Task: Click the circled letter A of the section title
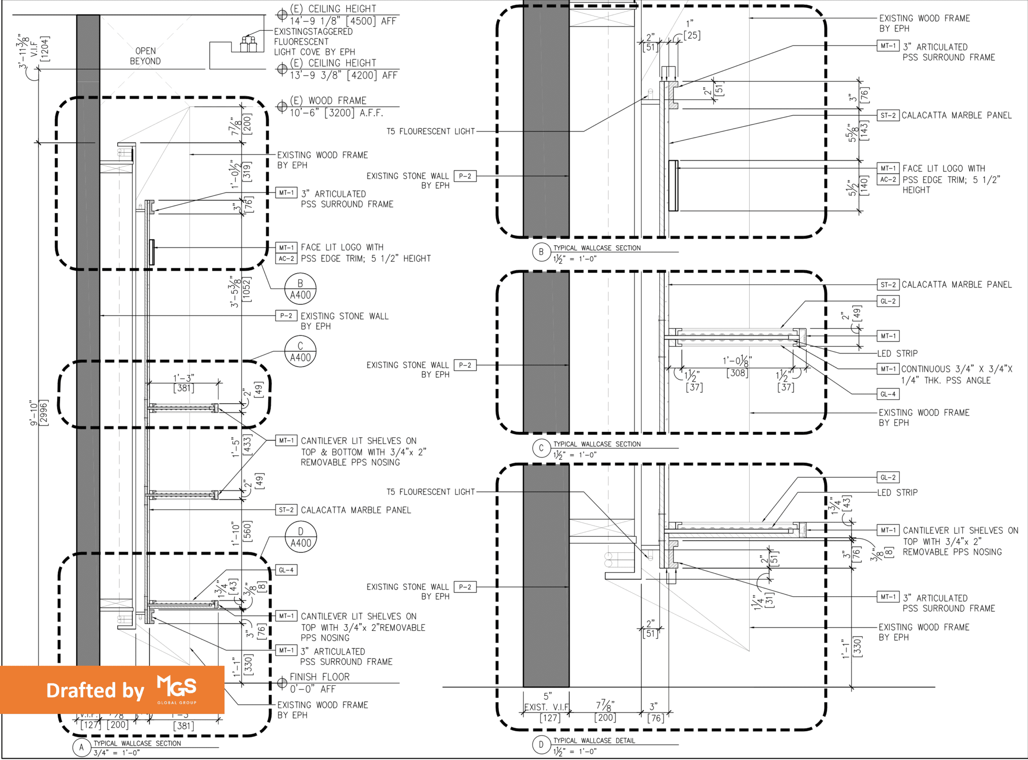82,747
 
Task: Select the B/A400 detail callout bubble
300,289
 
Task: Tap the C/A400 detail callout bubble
300,352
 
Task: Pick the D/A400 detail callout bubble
301,537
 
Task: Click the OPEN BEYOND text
145,56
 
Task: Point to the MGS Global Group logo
177,689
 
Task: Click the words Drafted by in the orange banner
95,691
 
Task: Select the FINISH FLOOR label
320,677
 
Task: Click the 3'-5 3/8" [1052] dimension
240,292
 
